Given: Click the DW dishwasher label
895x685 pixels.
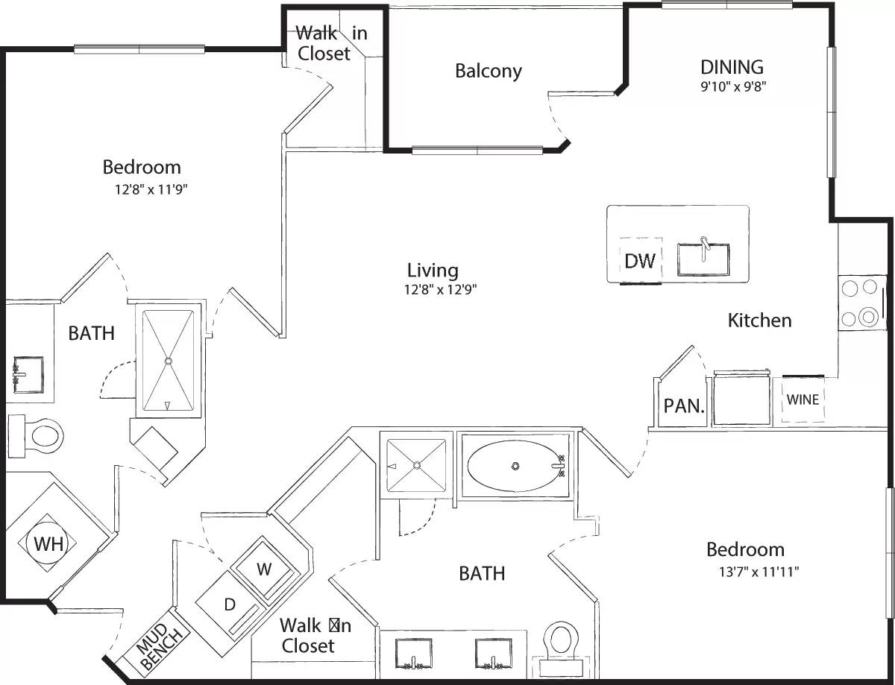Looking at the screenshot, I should (x=640, y=260).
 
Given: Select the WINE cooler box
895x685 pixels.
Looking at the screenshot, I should (x=803, y=400).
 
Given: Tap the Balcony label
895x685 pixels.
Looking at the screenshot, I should (x=489, y=71).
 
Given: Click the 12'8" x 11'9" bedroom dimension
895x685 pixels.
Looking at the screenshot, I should (x=150, y=189).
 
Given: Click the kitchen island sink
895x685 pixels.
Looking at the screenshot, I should (x=703, y=259).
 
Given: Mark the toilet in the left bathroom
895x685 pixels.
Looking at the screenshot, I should (x=37, y=432).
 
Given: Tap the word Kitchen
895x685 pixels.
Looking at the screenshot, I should (x=759, y=321).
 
